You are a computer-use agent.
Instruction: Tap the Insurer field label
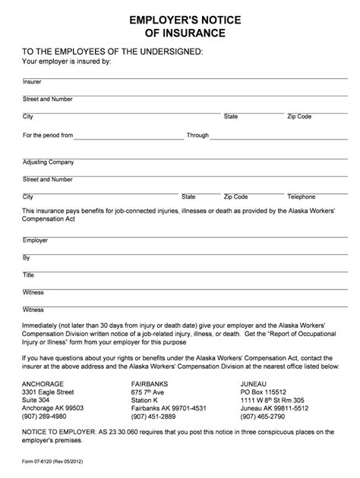pos(32,81)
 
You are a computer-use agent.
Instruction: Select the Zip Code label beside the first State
pos(299,116)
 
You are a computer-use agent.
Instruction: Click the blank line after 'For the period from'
pos(128,137)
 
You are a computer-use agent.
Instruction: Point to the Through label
pos(197,135)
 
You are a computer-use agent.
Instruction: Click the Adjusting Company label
pos(48,162)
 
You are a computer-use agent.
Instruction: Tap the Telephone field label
pos(301,197)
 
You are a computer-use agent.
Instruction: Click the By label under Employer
pos(26,257)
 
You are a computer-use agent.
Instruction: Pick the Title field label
pos(29,275)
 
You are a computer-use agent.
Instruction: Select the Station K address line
pos(147,390)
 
